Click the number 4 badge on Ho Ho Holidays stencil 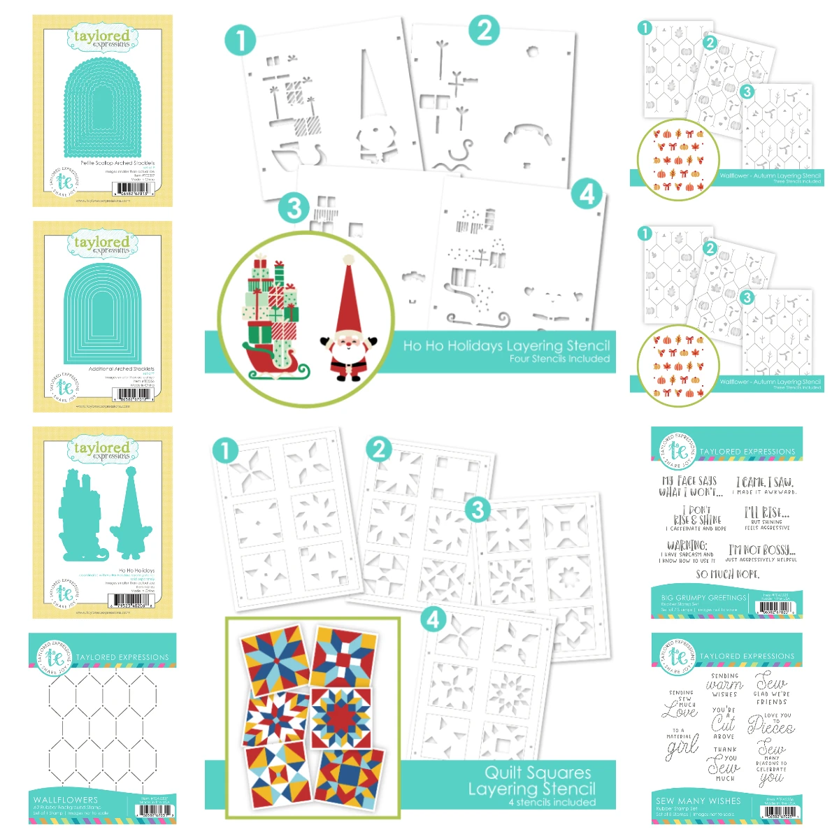point(587,194)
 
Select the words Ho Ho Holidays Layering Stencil point(506,345)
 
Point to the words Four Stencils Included point(559,359)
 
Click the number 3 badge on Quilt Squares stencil point(478,510)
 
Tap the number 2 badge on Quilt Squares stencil point(379,449)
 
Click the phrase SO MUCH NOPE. point(727,574)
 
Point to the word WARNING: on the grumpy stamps point(687,545)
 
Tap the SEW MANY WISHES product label point(698,801)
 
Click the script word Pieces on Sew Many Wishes point(770,726)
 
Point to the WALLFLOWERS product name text point(66,799)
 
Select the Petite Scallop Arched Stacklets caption point(117,163)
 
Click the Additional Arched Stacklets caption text point(121,368)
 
